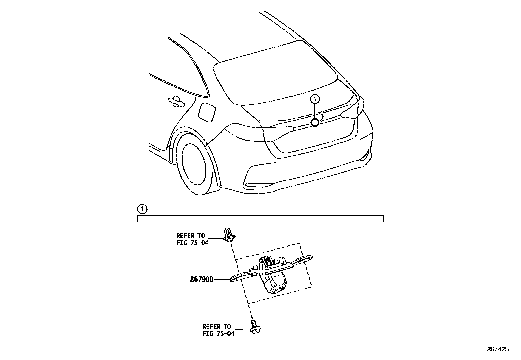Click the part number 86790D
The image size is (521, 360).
point(202,280)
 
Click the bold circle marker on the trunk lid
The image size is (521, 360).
point(315,123)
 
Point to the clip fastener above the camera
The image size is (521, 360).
point(229,235)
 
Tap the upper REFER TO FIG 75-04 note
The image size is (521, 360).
point(192,239)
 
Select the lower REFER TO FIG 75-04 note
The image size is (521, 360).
point(218,330)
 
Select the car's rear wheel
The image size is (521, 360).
point(195,168)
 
